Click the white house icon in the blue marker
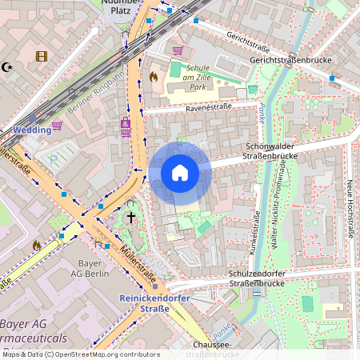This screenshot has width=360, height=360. pyautogui.click(x=180, y=173)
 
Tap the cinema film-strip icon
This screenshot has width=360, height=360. pyautogui.click(x=42, y=56)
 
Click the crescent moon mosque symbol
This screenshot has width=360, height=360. pyautogui.click(x=8, y=68)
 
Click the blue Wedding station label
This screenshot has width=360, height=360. pyautogui.click(x=31, y=130)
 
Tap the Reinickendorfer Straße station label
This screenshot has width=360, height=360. pyautogui.click(x=144, y=303)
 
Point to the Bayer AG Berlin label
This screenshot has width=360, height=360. pyautogui.click(x=94, y=268)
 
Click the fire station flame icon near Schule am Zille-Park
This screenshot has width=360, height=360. pyautogui.click(x=154, y=77)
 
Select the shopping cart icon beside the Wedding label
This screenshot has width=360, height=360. pyautogui.click(x=58, y=126)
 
